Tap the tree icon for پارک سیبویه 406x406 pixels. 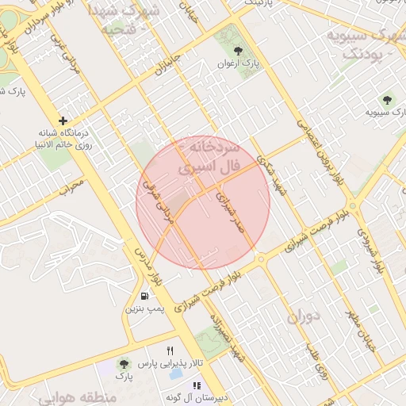pyautogui.click(x=387, y=100)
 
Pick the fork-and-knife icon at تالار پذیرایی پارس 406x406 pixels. pyautogui.click(x=169, y=351)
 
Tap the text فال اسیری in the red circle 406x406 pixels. pyautogui.click(x=209, y=169)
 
